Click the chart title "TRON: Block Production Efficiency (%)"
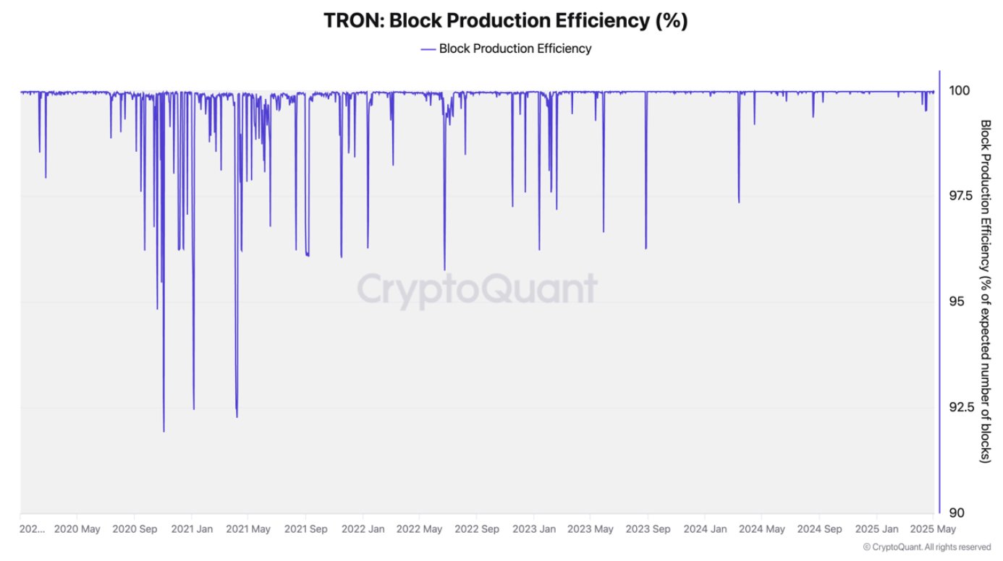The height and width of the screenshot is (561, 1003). click(505, 21)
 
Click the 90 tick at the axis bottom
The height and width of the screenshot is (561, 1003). click(956, 513)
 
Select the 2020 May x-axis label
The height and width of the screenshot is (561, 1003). click(77, 529)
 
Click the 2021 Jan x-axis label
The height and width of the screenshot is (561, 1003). click(191, 529)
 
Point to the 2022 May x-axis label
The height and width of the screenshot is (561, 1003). click(420, 529)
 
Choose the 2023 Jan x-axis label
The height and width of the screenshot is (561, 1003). click(533, 529)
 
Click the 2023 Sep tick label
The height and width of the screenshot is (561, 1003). click(647, 529)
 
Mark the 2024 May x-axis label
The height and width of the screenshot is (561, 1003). click(761, 529)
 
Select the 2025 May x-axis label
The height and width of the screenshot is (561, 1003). click(932, 529)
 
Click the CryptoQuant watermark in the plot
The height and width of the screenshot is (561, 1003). click(477, 290)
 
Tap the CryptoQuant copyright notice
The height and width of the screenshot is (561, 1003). click(927, 547)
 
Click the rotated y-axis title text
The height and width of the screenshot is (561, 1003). click(985, 291)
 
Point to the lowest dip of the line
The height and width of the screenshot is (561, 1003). click(164, 431)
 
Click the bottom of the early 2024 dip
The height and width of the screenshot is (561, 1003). click(739, 202)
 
